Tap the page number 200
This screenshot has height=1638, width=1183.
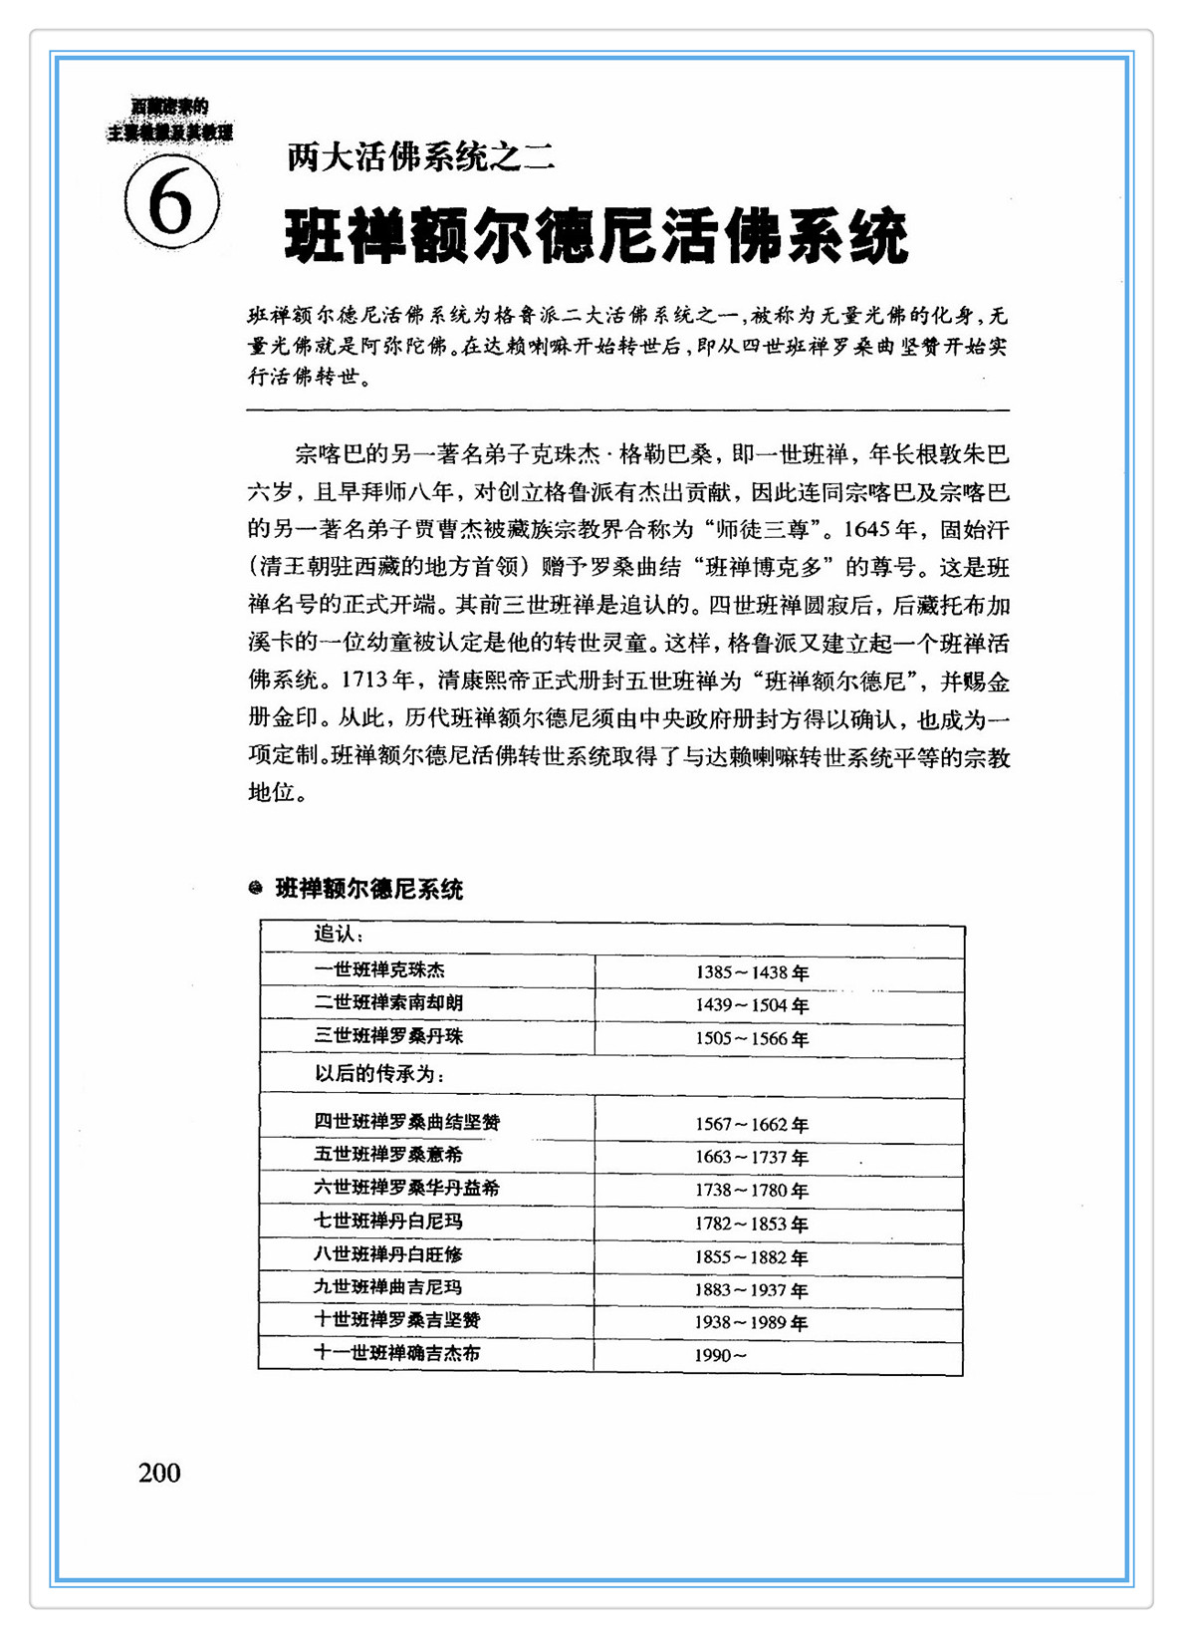pyautogui.click(x=159, y=1473)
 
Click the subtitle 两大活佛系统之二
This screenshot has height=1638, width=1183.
pyautogui.click(x=419, y=156)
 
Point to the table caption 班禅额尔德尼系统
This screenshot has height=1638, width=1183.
pyautogui.click(x=368, y=889)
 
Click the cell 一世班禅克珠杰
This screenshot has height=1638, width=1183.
pyautogui.click(x=379, y=969)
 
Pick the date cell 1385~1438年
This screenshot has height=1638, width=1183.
pyautogui.click(x=752, y=972)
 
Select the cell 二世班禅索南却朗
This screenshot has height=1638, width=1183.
pyautogui.click(x=388, y=1003)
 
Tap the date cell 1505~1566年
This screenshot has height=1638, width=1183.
pyautogui.click(x=752, y=1038)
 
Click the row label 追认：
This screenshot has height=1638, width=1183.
pyautogui.click(x=339, y=935)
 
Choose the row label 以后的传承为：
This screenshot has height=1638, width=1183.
pyautogui.click(x=378, y=1074)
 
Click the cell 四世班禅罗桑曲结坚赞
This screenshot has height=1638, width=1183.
pyautogui.click(x=407, y=1122)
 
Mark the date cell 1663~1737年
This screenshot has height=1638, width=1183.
pyautogui.click(x=752, y=1158)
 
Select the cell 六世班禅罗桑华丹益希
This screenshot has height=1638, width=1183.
pyautogui.click(x=407, y=1188)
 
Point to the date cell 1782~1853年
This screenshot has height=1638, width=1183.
pyautogui.click(x=752, y=1224)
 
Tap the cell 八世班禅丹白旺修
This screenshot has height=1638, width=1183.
pyautogui.click(x=388, y=1254)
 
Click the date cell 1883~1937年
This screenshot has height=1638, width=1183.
pyautogui.click(x=752, y=1290)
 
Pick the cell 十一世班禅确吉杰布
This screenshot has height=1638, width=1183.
pyautogui.click(x=397, y=1353)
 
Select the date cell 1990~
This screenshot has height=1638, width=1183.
pyautogui.click(x=720, y=1356)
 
